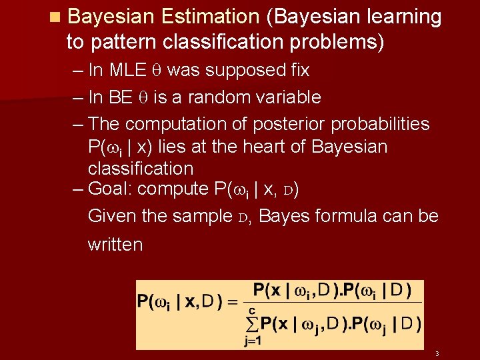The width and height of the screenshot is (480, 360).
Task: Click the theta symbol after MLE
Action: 159,71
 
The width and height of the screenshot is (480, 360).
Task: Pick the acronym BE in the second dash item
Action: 121,97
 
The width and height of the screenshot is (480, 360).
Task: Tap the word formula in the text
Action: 347,216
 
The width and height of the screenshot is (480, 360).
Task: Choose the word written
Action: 115,244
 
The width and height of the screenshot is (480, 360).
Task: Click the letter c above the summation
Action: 252,310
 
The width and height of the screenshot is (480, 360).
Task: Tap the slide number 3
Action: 437,353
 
